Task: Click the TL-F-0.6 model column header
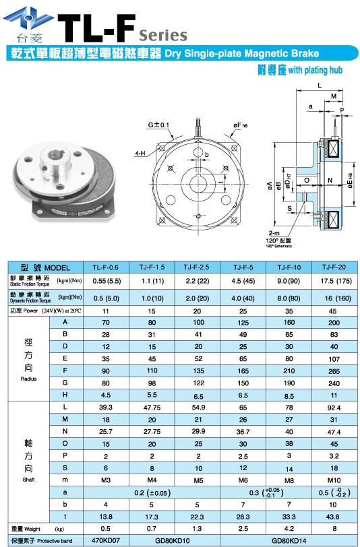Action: (x=104, y=267)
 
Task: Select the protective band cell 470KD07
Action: (x=104, y=540)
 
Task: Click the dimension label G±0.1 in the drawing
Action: (x=159, y=125)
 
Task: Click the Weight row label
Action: (x=30, y=529)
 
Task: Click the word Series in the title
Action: (x=162, y=33)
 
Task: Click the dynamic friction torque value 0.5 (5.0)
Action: (x=104, y=297)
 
